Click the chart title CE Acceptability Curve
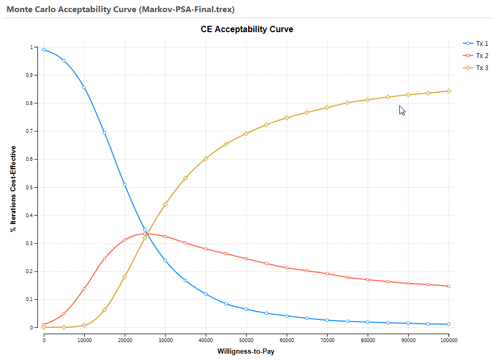[247, 30]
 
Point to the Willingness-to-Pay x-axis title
[246, 351]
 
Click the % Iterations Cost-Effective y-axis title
[13, 189]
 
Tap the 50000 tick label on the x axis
[246, 340]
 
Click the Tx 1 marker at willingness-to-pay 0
[44, 50]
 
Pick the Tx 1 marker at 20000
[125, 184]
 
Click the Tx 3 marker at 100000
[448, 91]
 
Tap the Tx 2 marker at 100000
[448, 286]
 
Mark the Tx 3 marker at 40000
[205, 158]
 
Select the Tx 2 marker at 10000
[84, 289]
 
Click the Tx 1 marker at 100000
[448, 324]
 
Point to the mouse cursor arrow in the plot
[402, 110]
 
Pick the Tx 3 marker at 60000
[287, 118]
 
